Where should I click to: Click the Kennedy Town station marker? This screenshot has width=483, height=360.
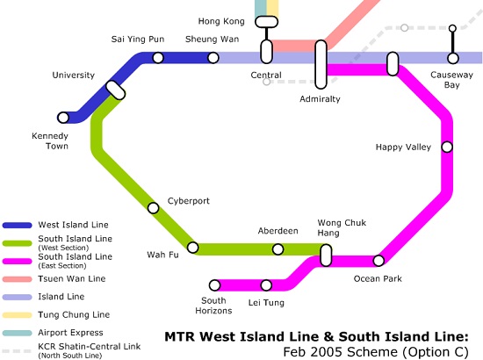[x=63, y=118]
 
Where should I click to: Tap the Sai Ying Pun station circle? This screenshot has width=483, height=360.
[x=158, y=58]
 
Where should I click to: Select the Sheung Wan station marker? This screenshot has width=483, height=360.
[x=213, y=58]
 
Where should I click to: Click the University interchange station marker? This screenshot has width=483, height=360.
[x=116, y=90]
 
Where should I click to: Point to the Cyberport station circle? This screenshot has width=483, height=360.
[x=153, y=208]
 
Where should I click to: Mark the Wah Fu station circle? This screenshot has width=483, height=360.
[x=193, y=248]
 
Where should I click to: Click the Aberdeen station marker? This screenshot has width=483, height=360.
[x=278, y=249]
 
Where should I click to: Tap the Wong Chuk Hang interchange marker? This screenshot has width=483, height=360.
[x=326, y=256]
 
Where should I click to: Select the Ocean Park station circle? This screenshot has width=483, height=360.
[x=378, y=261]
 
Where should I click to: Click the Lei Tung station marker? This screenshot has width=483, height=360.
[x=266, y=285]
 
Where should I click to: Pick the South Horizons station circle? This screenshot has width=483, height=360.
[x=214, y=285]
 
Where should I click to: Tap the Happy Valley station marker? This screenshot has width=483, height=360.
[x=447, y=148]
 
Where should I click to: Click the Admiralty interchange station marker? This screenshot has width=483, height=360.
[x=321, y=64]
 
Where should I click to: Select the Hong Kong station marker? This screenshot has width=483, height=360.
[x=267, y=22]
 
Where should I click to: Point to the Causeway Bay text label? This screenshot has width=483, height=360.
[x=452, y=80]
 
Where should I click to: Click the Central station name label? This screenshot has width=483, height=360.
[x=266, y=75]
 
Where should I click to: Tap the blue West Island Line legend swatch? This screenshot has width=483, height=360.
[x=18, y=225]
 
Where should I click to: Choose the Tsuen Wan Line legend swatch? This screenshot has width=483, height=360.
[x=18, y=279]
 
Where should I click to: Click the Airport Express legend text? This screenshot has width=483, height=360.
[x=70, y=333]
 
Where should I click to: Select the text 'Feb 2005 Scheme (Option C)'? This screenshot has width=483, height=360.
[x=376, y=352]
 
